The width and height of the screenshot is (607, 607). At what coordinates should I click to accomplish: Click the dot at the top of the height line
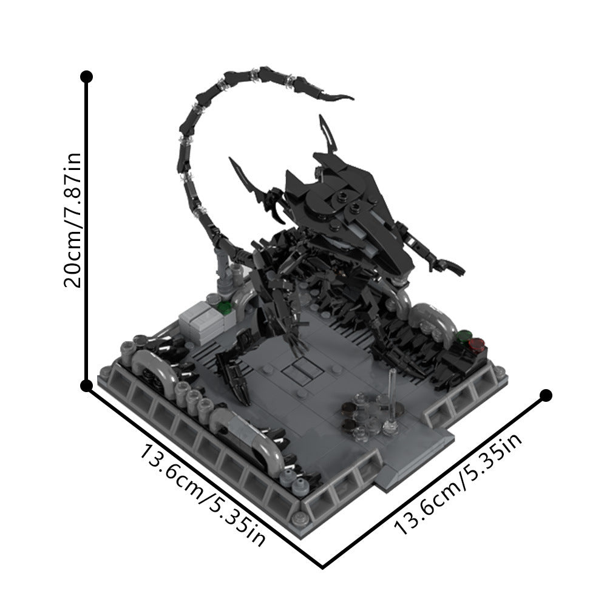87,77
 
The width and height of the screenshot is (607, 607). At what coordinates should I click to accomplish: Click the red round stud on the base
476,345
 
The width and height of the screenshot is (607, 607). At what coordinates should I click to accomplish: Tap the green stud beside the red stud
465,335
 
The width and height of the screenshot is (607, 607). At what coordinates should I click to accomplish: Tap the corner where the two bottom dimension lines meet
322,568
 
